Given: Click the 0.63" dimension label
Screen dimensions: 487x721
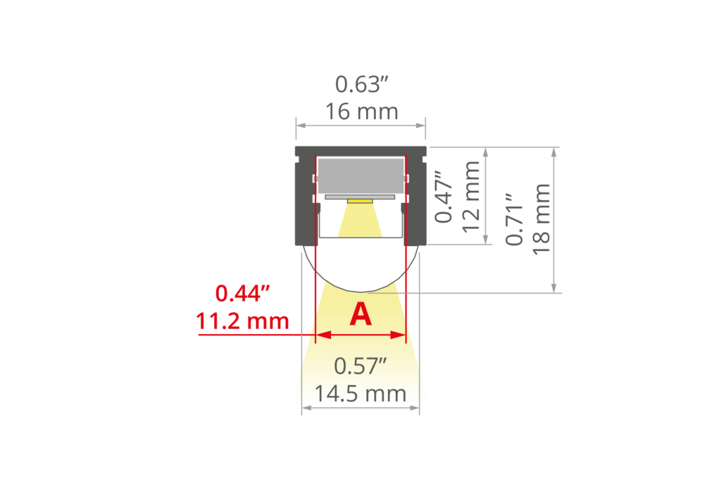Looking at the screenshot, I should tap(361, 85).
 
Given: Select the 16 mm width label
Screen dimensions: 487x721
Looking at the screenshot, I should tap(361, 111).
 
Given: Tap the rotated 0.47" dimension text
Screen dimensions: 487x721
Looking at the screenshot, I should tap(444, 196).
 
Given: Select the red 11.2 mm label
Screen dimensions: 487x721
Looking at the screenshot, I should tap(243, 321).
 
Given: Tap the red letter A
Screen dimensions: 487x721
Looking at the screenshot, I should tap(360, 314).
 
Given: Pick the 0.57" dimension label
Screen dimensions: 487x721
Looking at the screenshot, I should tap(361, 366).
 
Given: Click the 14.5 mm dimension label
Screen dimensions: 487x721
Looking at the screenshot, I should tap(361, 393).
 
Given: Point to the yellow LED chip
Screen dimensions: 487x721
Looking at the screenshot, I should tap(360, 201).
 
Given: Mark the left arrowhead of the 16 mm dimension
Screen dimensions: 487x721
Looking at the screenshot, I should tap(299, 125).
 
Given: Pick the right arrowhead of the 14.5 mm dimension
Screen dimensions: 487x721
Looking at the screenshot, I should tap(416, 407).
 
